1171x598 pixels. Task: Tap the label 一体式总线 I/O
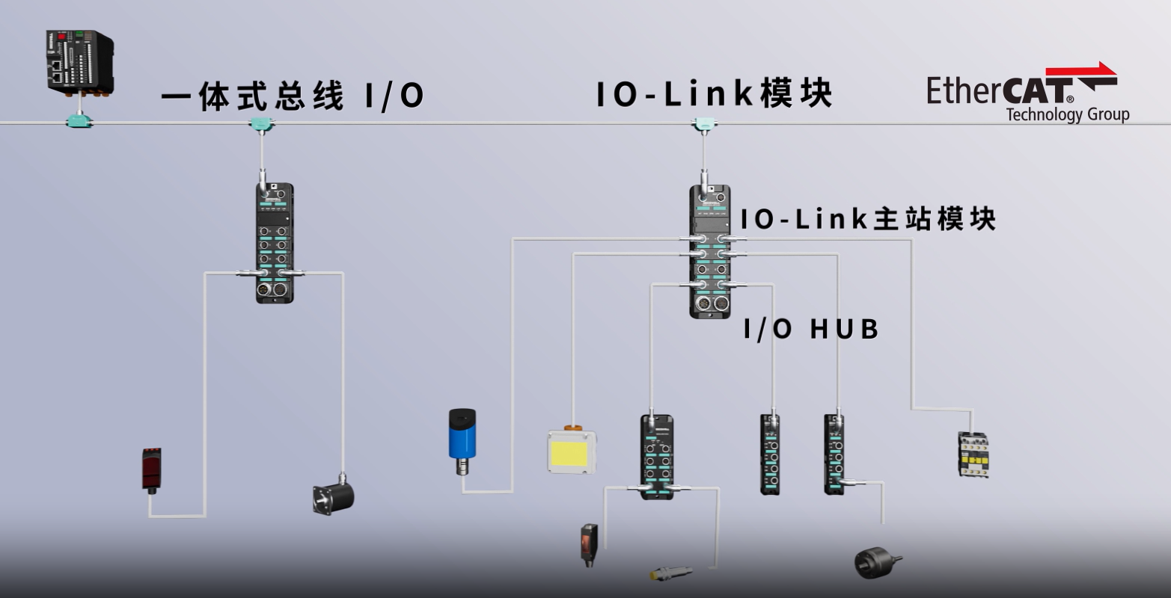click(x=293, y=96)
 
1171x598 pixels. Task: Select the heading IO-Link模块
click(x=714, y=94)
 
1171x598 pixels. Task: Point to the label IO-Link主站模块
click(x=868, y=220)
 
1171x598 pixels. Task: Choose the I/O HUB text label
click(x=811, y=329)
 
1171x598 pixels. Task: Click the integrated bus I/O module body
click(x=274, y=243)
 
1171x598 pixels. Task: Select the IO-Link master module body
click(x=709, y=251)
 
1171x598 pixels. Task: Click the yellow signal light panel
click(x=572, y=451)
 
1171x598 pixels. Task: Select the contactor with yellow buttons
click(x=973, y=454)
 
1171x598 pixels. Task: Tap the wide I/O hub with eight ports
click(x=656, y=457)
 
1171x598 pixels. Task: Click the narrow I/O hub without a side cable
click(x=770, y=454)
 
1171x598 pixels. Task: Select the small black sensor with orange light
click(x=589, y=545)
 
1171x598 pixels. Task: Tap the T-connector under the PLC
click(x=79, y=120)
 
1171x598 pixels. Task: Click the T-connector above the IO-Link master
click(x=703, y=124)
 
